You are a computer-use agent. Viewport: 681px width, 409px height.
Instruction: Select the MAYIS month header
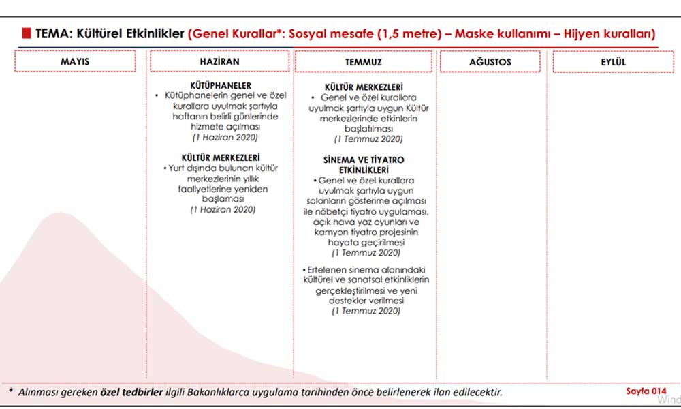[x=75, y=62]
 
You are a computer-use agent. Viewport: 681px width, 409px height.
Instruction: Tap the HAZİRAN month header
[x=219, y=61]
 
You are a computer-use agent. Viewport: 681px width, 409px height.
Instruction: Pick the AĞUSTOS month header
[x=490, y=62]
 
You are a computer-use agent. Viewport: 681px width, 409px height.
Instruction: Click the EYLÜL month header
[x=614, y=62]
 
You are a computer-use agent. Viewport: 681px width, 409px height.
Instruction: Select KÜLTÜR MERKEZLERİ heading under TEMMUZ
[x=364, y=87]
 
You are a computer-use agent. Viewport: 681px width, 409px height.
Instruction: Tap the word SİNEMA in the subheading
[x=340, y=160]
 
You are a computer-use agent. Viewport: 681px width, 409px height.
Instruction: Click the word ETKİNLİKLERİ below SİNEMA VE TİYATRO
[x=363, y=170]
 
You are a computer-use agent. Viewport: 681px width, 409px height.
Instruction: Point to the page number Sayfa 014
[x=646, y=391]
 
